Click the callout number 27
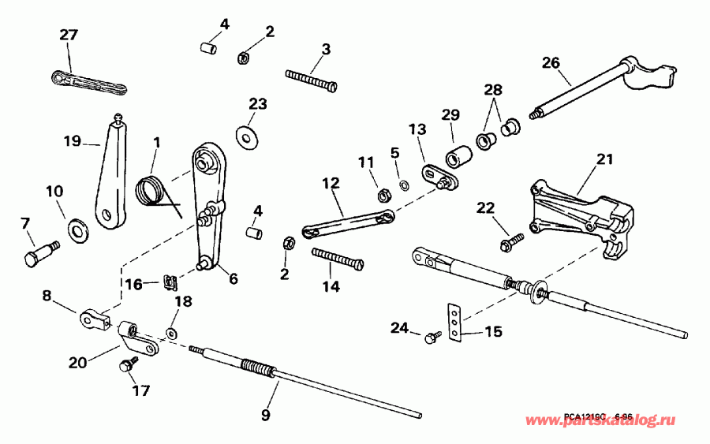point(69,35)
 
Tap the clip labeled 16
point(168,280)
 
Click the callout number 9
point(266,413)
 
